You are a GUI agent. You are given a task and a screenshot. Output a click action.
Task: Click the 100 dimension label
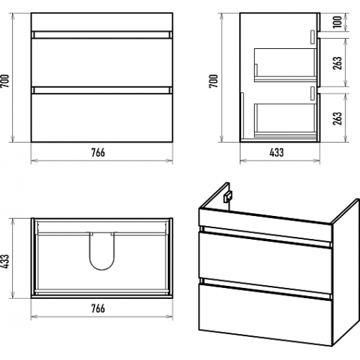coord(338,22)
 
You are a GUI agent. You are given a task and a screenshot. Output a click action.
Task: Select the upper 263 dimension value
coord(337,63)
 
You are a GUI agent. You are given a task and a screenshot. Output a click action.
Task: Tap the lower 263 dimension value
coord(337,118)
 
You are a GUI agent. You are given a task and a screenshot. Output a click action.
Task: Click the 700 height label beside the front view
coord(5,81)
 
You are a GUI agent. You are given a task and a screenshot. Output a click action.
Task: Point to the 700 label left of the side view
coord(213,81)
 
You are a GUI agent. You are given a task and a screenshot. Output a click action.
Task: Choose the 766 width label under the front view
coord(98,153)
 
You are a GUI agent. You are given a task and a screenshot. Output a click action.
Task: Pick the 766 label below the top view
coord(98,308)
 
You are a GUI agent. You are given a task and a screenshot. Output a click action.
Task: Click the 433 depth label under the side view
coord(276,153)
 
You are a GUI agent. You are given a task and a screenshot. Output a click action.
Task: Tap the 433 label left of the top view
coord(5,261)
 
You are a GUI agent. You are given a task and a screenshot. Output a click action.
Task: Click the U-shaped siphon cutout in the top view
coord(102,269)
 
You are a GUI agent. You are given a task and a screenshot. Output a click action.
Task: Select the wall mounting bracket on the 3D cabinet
coord(228,197)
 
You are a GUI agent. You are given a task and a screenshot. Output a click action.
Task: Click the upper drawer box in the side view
coord(286,66)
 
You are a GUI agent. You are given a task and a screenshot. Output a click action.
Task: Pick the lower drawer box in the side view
coord(286,120)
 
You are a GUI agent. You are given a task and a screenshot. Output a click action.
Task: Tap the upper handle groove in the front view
coord(102,35)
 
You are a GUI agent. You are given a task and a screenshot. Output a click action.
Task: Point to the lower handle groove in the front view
coord(102,90)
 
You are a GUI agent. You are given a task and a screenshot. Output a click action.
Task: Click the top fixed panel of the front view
coord(102,22)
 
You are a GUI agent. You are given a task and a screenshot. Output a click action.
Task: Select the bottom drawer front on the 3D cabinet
coord(265,315)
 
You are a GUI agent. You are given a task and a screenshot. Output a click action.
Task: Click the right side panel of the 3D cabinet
coord(345,272)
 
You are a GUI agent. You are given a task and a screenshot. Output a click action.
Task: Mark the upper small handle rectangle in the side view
coord(312,37)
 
